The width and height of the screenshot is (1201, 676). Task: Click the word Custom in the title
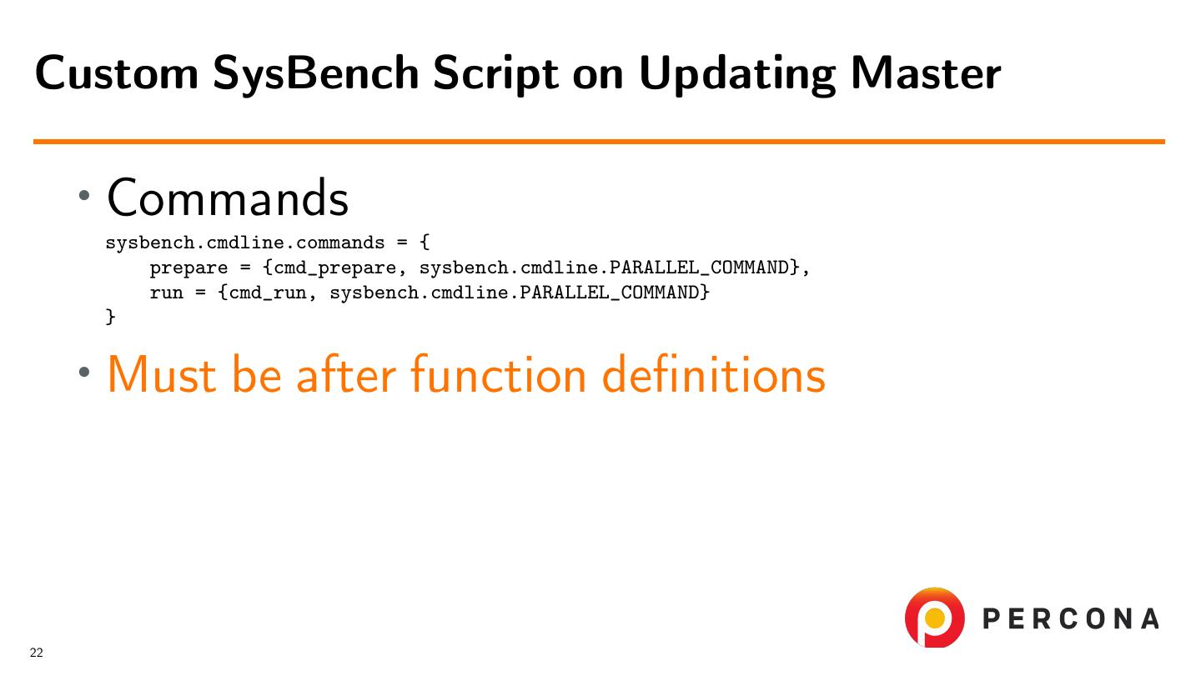pos(117,73)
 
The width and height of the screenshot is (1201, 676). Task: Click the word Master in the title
pos(926,73)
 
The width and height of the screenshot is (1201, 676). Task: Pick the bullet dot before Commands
pos(83,196)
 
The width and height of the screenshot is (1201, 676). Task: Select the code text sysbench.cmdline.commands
pos(245,243)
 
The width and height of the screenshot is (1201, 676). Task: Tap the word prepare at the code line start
pos(188,268)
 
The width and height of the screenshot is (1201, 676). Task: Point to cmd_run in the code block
pos(268,293)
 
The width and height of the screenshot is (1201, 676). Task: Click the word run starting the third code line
pos(166,293)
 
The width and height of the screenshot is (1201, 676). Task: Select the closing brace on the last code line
pos(110,317)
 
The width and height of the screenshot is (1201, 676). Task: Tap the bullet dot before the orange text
pos(83,372)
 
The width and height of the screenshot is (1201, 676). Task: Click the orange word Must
pos(162,374)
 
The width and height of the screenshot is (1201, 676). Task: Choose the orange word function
pos(499,374)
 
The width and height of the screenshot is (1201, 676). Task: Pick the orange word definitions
pos(714,374)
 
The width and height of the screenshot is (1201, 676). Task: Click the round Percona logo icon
pos(934,617)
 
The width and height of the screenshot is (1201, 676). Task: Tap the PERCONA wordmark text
pos(1071,618)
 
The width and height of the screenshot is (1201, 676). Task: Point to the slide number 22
pos(37,653)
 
